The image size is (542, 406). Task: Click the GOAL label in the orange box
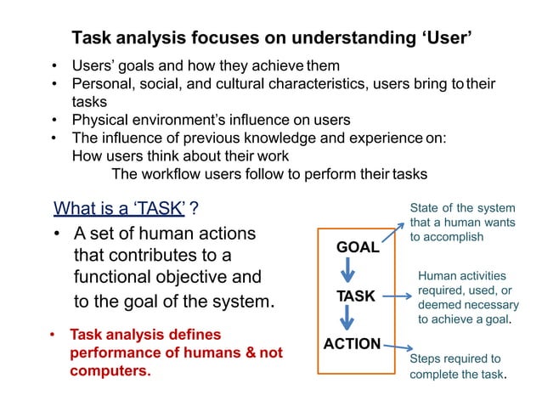pos(358,247)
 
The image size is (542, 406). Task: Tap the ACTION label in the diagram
pos(352,344)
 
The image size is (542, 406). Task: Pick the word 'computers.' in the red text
pos(110,371)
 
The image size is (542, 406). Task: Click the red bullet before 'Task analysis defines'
pos(54,335)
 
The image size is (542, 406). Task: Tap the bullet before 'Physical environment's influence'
pos(55,120)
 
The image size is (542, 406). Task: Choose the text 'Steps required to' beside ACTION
pos(455,358)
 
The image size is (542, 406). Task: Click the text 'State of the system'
pos(462,208)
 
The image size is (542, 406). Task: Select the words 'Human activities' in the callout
pos(461,276)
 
